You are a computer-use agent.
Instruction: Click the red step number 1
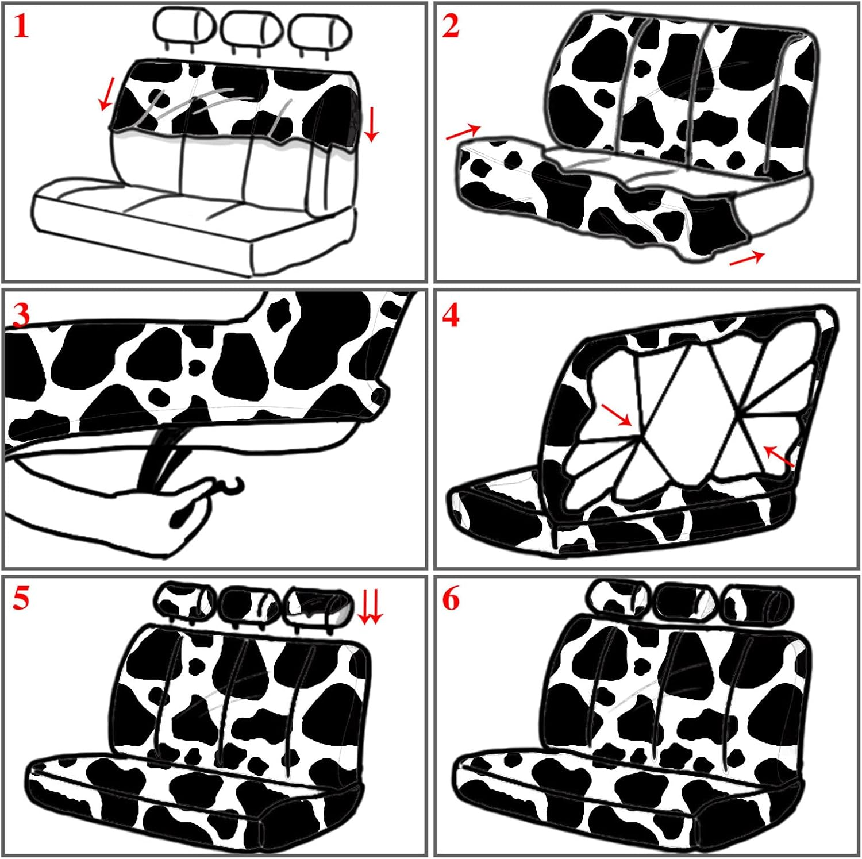pyautogui.click(x=21, y=27)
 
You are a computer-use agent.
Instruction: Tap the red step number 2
pyautogui.click(x=451, y=27)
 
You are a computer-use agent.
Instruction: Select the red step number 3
pyautogui.click(x=21, y=315)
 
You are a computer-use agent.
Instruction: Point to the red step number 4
pyautogui.click(x=451, y=315)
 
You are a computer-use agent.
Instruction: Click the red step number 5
pyautogui.click(x=21, y=599)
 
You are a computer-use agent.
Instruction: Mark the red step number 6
pyautogui.click(x=451, y=599)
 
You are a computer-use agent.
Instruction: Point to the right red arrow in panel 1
pyautogui.click(x=371, y=124)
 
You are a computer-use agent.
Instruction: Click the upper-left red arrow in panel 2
pyautogui.click(x=463, y=133)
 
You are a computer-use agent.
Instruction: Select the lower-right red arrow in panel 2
pyautogui.click(x=746, y=258)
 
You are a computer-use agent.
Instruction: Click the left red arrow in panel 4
pyautogui.click(x=617, y=415)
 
